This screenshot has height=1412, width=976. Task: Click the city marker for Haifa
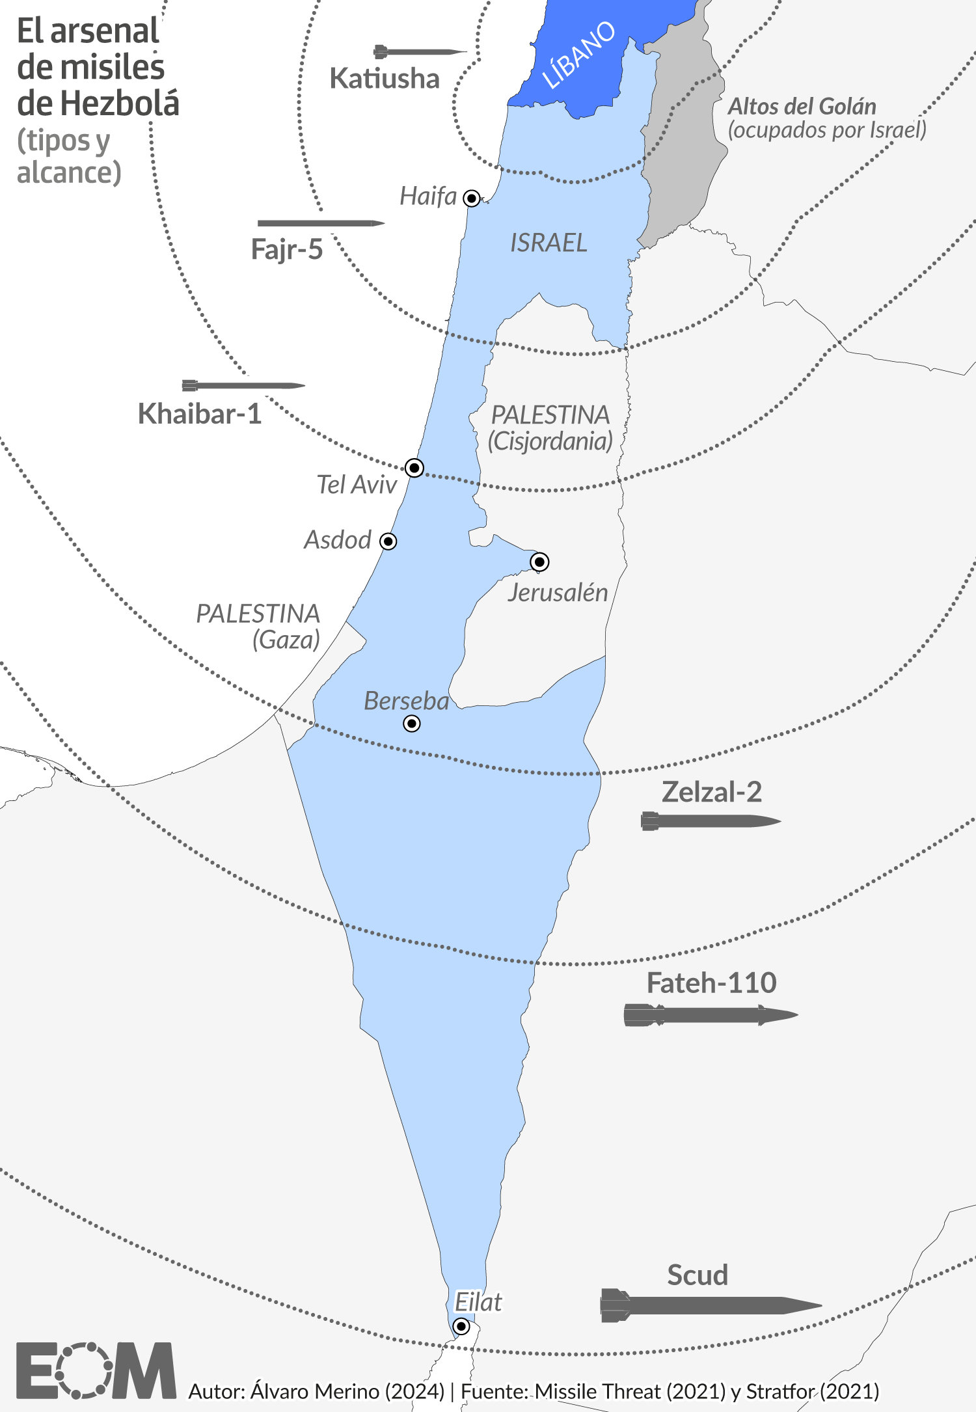[472, 198]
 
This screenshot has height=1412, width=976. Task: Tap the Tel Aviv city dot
[414, 468]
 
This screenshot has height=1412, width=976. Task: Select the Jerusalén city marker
[539, 562]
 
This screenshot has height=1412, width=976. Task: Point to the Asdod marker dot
[388, 541]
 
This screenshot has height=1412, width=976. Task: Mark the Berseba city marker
[412, 724]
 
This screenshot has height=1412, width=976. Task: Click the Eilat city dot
[461, 1326]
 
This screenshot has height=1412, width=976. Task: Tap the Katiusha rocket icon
[420, 51]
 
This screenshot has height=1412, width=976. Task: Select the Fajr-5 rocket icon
[321, 223]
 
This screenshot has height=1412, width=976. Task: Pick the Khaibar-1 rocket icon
[243, 385]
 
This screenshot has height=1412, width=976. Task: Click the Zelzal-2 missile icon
[711, 821]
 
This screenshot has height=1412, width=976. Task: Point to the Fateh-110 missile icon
[711, 1015]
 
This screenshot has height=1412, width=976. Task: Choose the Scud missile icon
[711, 1305]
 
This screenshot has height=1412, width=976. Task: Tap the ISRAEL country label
[549, 243]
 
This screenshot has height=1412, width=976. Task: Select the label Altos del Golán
[802, 106]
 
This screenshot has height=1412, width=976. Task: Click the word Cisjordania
[550, 441]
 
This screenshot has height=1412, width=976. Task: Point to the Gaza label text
[286, 640]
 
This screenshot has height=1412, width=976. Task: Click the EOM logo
[96, 1370]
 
